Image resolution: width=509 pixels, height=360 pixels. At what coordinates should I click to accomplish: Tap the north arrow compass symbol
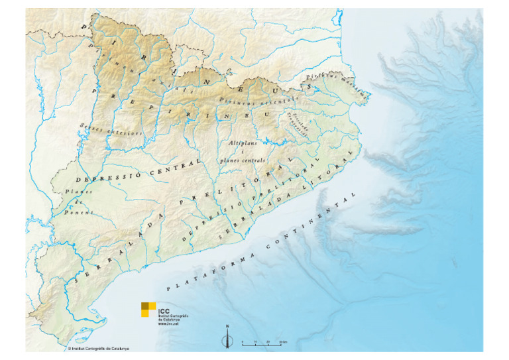pyautogui.click(x=227, y=339)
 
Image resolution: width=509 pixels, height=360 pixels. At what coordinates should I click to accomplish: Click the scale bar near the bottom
pyautogui.click(x=264, y=342)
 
